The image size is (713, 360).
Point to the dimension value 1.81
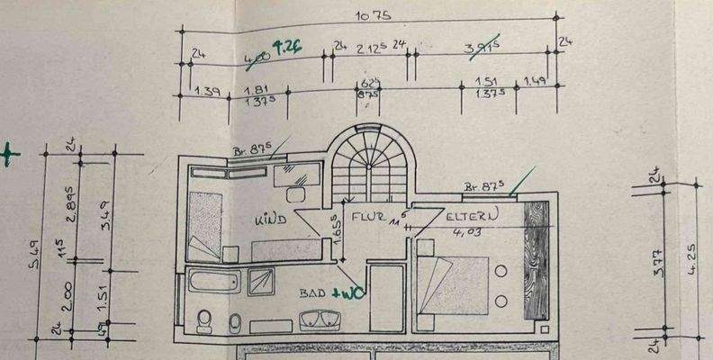257,91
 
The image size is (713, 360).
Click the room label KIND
270,218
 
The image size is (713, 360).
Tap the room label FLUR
369,217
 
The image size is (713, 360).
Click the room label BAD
312,293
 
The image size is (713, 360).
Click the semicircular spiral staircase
366,166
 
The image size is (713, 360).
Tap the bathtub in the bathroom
214,283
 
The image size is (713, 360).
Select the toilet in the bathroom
203,320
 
